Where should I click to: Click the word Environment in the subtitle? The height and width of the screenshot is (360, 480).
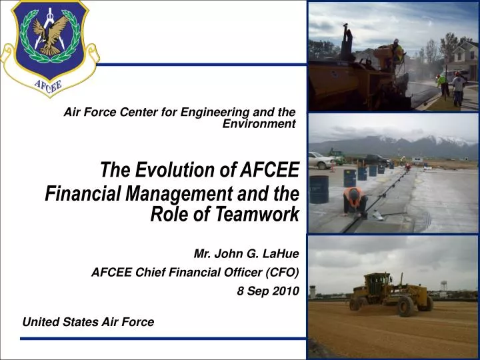click(259, 123)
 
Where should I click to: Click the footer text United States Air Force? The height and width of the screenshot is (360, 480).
click(88, 322)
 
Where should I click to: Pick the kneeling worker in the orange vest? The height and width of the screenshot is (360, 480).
click(354, 201)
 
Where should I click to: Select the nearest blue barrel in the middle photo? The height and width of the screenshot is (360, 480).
click(319, 189)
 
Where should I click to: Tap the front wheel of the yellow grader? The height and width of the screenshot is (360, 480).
click(405, 307)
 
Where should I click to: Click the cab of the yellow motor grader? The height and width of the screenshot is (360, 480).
click(377, 284)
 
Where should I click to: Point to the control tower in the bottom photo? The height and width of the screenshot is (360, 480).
click(315, 291)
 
